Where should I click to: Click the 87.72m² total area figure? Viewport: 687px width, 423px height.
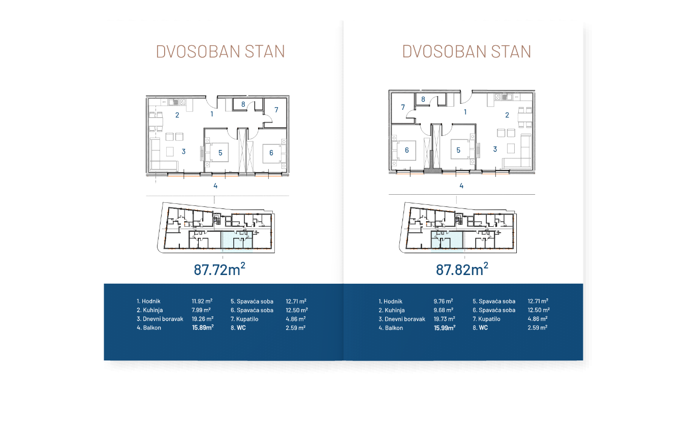tap(220, 269)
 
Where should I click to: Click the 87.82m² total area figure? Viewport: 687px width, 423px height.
tap(462, 269)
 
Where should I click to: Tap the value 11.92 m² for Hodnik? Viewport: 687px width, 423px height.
tap(202, 301)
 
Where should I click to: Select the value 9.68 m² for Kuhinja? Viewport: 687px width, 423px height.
tap(444, 310)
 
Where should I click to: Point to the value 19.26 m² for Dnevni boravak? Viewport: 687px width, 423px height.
tap(202, 319)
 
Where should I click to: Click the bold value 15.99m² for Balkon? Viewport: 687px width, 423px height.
tap(445, 328)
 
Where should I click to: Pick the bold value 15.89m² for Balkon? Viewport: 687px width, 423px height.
tap(202, 328)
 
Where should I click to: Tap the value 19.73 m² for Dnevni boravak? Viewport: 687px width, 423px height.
tap(444, 319)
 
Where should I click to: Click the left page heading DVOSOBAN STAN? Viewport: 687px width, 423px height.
tap(220, 52)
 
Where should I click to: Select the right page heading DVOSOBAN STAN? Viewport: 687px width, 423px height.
tap(466, 52)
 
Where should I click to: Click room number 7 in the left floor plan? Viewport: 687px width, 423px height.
tap(276, 110)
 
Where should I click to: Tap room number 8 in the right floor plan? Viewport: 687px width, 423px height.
tap(423, 100)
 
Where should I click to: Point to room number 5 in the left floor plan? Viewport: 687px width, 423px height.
tap(221, 153)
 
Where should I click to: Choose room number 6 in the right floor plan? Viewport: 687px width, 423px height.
tap(407, 150)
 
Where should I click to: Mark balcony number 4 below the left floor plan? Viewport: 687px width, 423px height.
tap(215, 186)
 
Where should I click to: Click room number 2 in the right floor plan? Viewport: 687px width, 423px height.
tap(507, 115)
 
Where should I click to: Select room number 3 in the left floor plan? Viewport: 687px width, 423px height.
tap(183, 152)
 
